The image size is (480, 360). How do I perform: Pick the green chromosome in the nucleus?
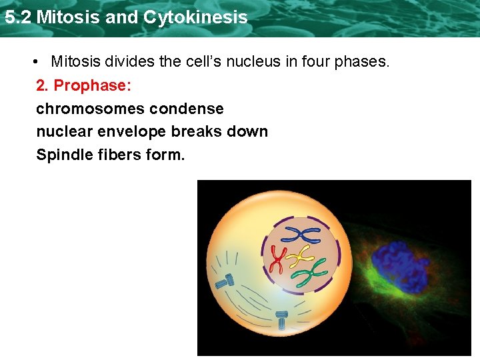(311, 271)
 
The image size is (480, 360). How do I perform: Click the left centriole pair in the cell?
(224, 281)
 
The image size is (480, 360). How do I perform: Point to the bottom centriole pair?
(282, 319)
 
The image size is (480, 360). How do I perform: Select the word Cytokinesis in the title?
(195, 17)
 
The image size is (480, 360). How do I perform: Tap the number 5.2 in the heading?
(18, 17)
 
